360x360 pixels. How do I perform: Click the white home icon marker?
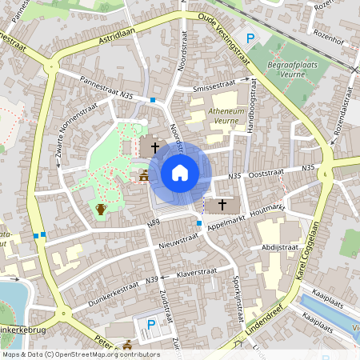point(180,172)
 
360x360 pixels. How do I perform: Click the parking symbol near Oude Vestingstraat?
point(250,38)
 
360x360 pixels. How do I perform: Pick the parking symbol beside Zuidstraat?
point(151,325)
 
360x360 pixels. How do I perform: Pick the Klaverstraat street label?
point(198,273)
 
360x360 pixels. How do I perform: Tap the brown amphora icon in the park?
point(101,210)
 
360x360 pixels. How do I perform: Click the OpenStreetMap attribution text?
point(81,354)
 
